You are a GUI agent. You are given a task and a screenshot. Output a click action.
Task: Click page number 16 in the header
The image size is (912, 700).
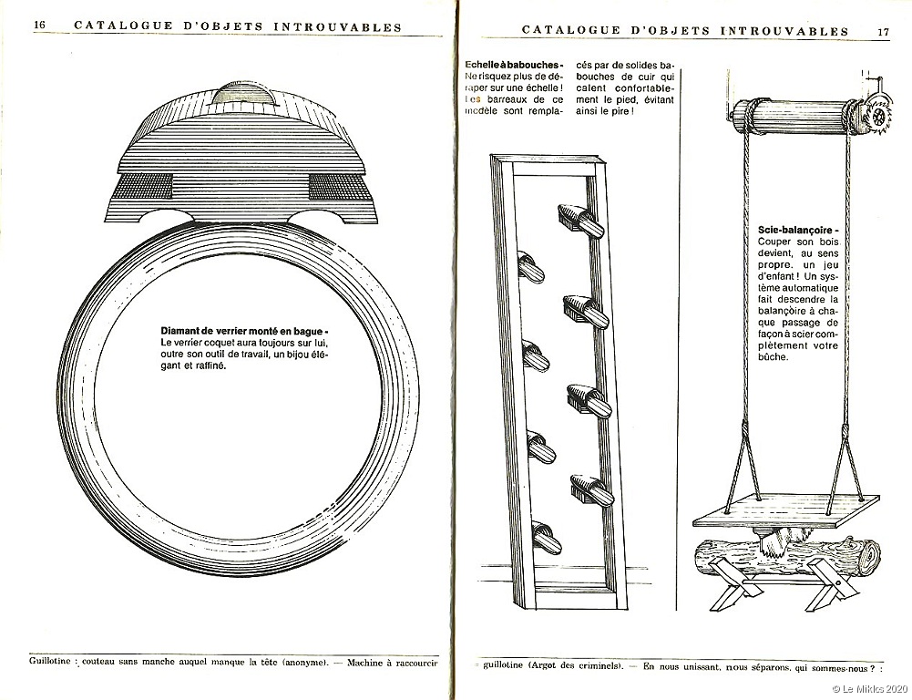(x=40, y=26)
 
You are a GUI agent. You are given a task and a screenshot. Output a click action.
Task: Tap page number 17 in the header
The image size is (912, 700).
(x=883, y=31)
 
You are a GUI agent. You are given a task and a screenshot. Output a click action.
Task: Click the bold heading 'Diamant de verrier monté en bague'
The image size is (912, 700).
(x=243, y=331)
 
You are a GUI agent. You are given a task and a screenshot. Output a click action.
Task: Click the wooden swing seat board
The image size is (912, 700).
(x=785, y=510)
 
